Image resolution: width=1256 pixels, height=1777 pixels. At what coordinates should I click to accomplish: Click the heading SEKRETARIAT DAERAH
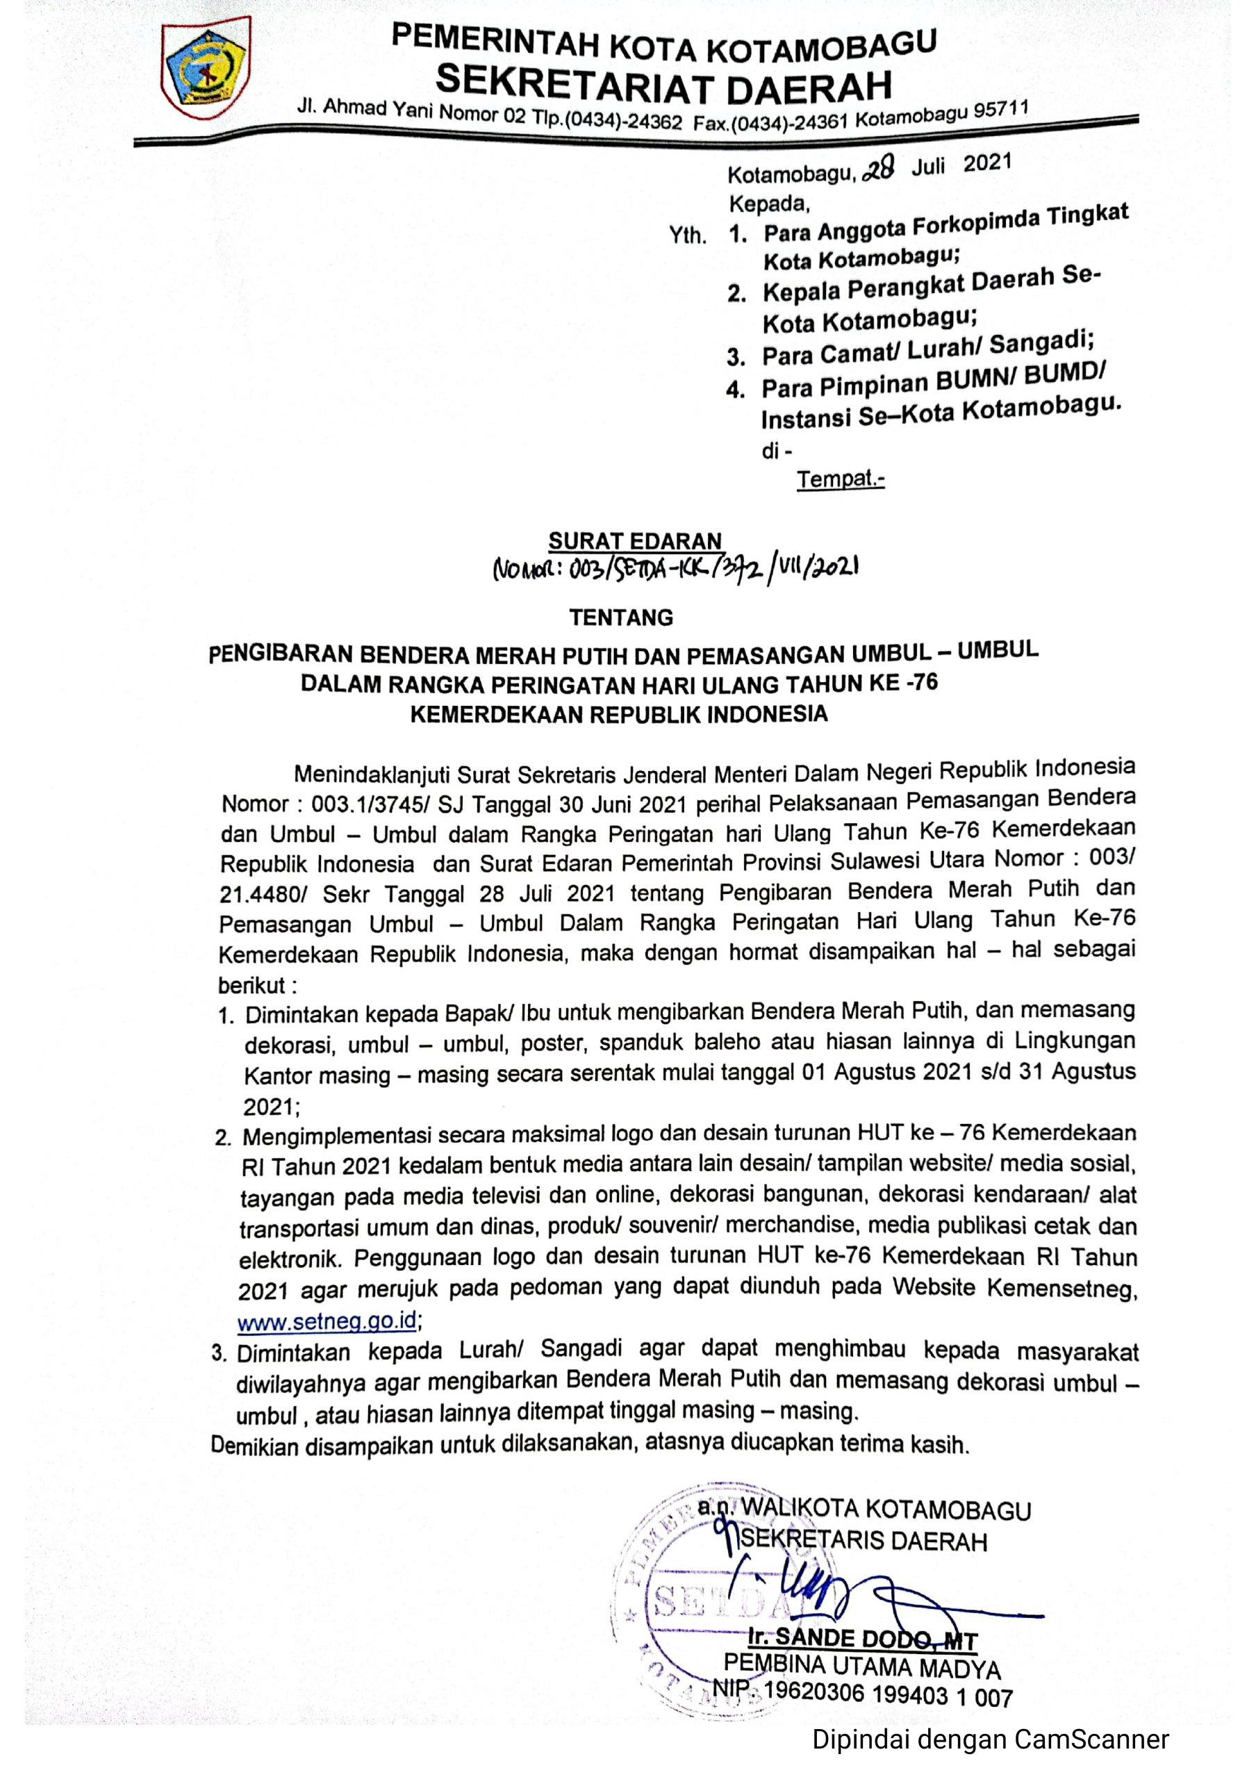[x=663, y=83]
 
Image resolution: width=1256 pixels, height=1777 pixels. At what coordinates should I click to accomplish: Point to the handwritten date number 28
[x=877, y=169]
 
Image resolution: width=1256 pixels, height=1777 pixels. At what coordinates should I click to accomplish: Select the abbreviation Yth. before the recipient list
[x=688, y=235]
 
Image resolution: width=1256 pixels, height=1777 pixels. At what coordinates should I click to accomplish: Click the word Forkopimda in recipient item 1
[x=975, y=225]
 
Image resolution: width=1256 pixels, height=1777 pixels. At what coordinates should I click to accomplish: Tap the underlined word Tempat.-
[x=841, y=479]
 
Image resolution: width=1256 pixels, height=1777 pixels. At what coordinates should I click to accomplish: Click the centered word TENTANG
[x=622, y=617]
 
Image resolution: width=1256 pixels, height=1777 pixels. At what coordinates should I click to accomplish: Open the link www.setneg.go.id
[x=327, y=1321]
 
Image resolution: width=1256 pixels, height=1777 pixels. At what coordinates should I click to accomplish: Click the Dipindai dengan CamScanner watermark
[x=990, y=1740]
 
